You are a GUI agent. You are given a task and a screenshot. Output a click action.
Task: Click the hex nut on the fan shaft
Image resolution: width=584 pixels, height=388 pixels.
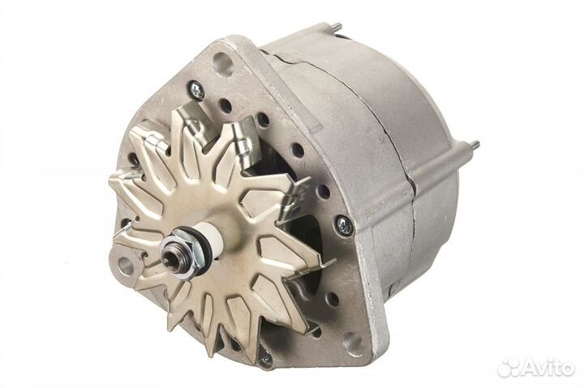pos(187,251)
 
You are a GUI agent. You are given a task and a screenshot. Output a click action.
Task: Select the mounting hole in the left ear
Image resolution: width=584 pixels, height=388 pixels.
pos(126,264)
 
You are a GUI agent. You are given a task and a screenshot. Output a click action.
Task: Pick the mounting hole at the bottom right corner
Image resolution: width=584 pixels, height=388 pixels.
pos(354,343)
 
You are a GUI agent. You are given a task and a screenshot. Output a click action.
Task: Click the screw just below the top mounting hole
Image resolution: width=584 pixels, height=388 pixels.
pos(196,89)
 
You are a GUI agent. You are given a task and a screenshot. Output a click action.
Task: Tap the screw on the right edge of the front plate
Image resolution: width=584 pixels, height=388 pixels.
pos(343,224)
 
